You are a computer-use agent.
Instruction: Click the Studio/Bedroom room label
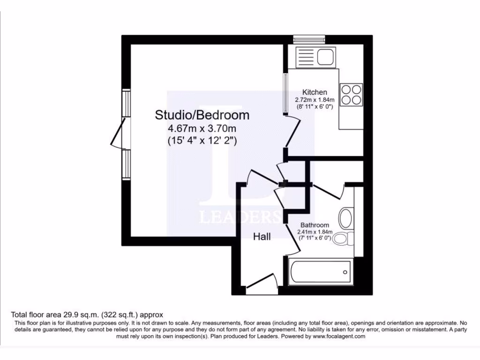pos(202,115)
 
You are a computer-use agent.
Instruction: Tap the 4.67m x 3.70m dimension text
pos(202,128)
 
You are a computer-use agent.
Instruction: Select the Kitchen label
pos(315,92)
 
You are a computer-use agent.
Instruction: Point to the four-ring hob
pos(351,94)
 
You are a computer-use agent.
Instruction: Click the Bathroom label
pos(315,225)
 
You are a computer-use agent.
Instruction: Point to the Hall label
pos(262,237)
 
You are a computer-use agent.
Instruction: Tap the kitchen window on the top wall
pos(309,39)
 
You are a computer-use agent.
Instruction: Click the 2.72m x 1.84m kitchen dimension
pos(315,100)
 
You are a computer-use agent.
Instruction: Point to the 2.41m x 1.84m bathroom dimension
pos(315,232)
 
